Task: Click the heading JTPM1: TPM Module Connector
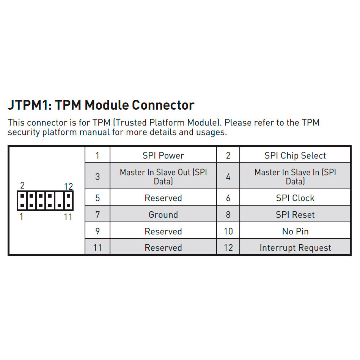click(x=101, y=105)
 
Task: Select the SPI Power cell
click(x=163, y=156)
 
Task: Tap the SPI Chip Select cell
click(x=295, y=156)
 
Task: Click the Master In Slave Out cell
click(x=163, y=177)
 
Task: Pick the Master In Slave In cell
click(x=295, y=177)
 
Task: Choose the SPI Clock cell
click(x=295, y=198)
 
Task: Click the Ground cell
click(x=163, y=215)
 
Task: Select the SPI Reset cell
click(x=295, y=215)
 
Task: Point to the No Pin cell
click(x=295, y=231)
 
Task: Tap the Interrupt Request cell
click(x=295, y=248)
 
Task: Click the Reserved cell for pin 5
click(x=163, y=198)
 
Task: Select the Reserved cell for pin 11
click(x=163, y=248)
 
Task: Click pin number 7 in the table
click(x=97, y=215)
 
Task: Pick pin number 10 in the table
click(x=228, y=231)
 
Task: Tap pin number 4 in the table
click(x=228, y=177)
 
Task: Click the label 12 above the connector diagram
click(x=68, y=186)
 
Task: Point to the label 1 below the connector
click(x=21, y=217)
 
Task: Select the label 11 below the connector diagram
click(x=68, y=217)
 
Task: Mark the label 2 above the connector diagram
click(x=22, y=186)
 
